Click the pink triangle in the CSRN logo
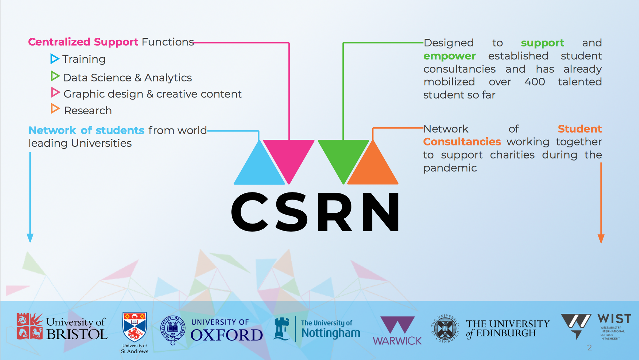point(289,156)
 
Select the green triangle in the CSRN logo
point(343,156)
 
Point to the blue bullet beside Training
point(55,59)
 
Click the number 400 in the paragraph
point(535,82)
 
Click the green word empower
point(449,56)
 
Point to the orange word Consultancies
point(462,142)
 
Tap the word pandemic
point(450,168)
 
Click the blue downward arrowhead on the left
point(30,238)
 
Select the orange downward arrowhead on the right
point(601,239)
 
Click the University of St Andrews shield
point(135,327)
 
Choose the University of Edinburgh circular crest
point(445,329)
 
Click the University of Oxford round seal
point(173,329)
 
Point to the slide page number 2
point(589,348)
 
